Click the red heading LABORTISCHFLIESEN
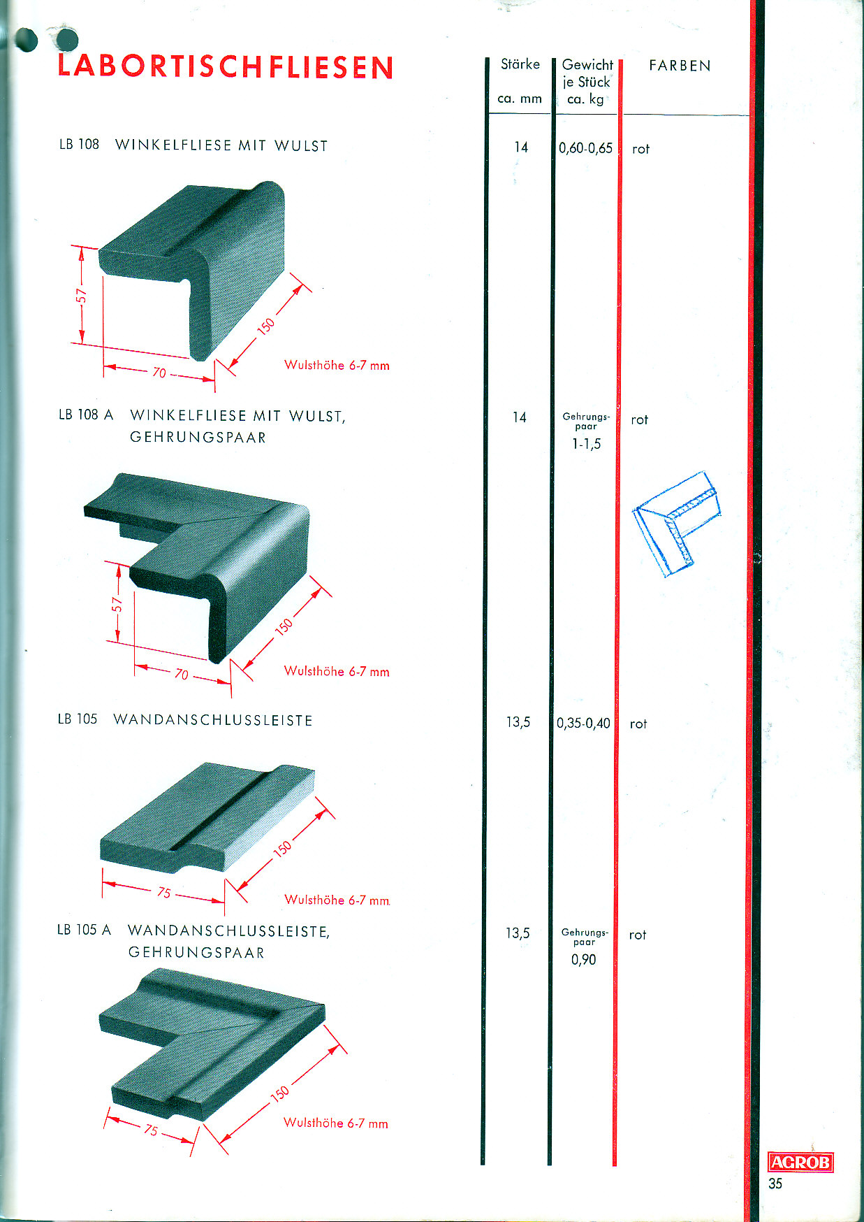(x=226, y=67)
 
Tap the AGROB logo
(x=800, y=1162)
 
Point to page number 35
(x=775, y=1184)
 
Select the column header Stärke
(x=520, y=64)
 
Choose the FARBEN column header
(x=680, y=66)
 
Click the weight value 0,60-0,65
(x=585, y=148)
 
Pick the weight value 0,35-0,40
(x=583, y=723)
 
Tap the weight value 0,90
(x=583, y=960)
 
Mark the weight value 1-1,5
(x=586, y=444)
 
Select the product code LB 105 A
(x=84, y=930)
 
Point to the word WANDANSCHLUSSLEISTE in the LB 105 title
(x=213, y=720)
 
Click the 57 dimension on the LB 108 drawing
(x=82, y=296)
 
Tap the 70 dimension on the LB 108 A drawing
(x=182, y=675)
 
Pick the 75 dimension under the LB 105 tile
(x=164, y=892)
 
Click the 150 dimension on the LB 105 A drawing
(x=279, y=1093)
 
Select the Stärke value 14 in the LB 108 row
(x=521, y=147)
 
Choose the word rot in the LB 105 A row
(x=637, y=935)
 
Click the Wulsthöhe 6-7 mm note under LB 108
(x=337, y=365)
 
